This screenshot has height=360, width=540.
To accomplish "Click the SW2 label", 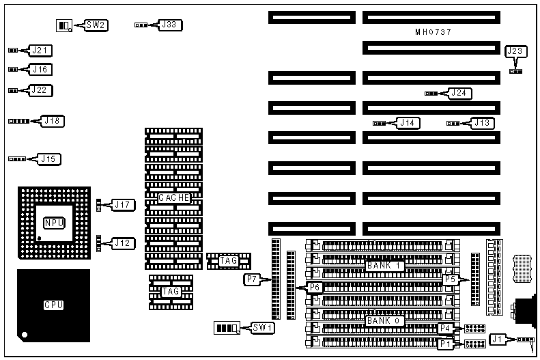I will [x=96, y=25].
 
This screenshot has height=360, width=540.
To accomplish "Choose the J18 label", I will [x=53, y=121].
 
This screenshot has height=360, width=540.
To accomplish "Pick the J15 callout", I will [x=48, y=158].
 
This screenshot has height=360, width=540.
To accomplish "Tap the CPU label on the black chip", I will [x=53, y=305].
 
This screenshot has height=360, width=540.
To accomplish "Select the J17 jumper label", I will [x=124, y=204].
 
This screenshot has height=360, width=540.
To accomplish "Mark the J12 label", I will [x=124, y=243].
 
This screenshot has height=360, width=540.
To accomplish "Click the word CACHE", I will [x=173, y=197].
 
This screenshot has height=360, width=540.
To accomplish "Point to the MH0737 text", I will [x=433, y=32].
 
